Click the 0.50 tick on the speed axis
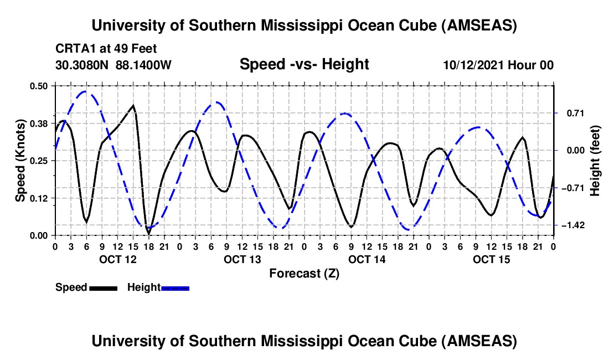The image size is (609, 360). (40, 86)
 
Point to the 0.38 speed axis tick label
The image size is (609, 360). (40, 124)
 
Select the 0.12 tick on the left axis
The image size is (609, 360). (40, 198)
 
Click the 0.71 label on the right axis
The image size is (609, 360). (571, 113)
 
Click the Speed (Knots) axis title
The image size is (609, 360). (20, 161)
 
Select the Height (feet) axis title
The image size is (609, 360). (596, 161)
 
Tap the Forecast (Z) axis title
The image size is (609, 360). (304, 273)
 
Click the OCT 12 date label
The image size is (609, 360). (117, 259)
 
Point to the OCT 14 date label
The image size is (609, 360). (367, 259)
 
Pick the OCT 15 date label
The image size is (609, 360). (491, 259)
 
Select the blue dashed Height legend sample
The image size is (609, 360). (176, 288)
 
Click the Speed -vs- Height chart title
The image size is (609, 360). (304, 64)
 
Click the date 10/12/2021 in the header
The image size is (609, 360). (473, 65)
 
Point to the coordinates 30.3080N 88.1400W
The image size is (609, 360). (113, 65)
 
